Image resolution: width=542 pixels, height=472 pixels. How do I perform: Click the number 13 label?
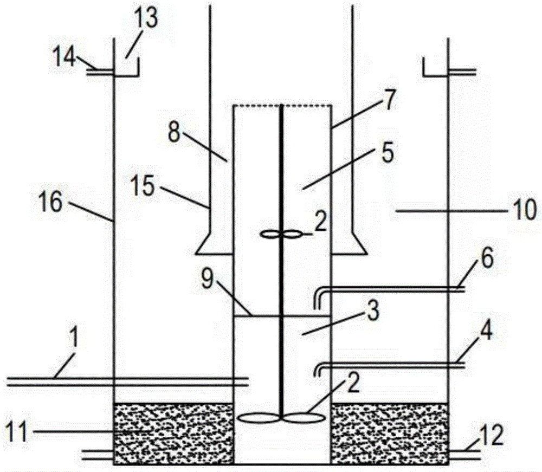click(x=146, y=20)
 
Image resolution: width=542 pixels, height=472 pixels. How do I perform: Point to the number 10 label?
click(x=524, y=208)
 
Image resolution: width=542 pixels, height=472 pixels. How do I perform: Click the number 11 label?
click(x=15, y=432)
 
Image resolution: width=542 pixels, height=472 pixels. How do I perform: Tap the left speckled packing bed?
click(x=173, y=433)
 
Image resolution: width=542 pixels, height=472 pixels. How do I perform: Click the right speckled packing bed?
click(x=389, y=433)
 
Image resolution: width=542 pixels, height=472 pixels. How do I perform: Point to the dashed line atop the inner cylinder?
click(x=281, y=106)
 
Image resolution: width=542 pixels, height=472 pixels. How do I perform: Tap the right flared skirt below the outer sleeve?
click(x=355, y=244)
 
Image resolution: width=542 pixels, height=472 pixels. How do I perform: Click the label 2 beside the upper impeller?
click(x=320, y=223)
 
